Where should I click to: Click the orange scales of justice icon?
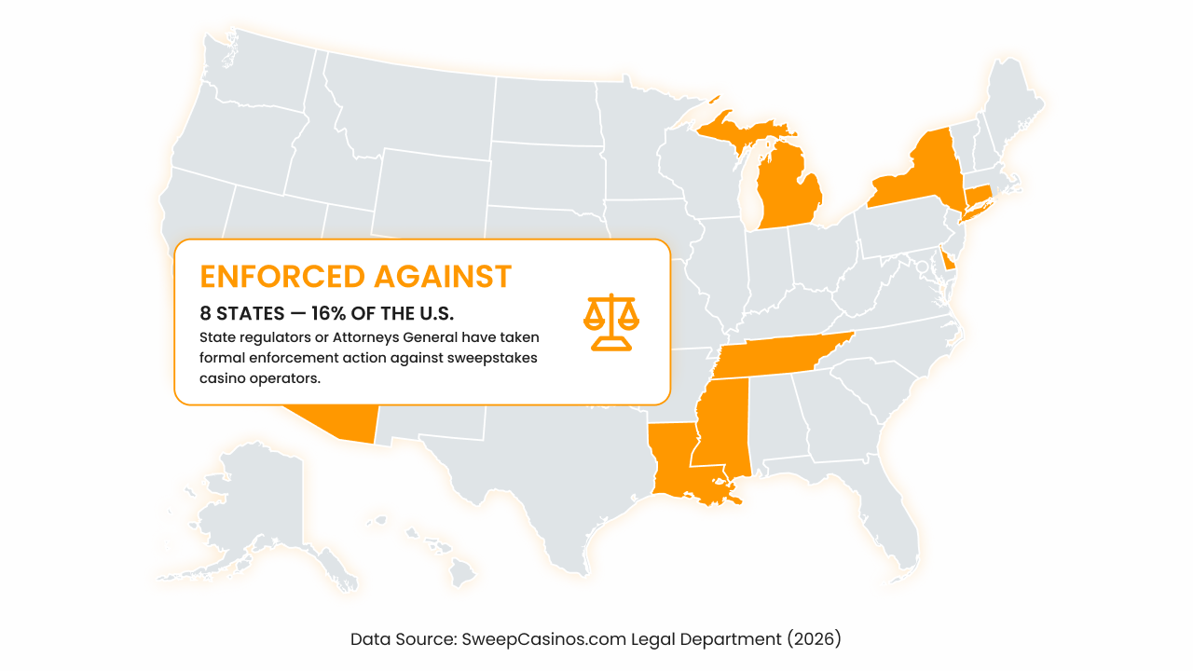click(611, 322)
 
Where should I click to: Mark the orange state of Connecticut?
click(977, 197)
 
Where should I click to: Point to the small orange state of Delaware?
click(948, 260)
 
